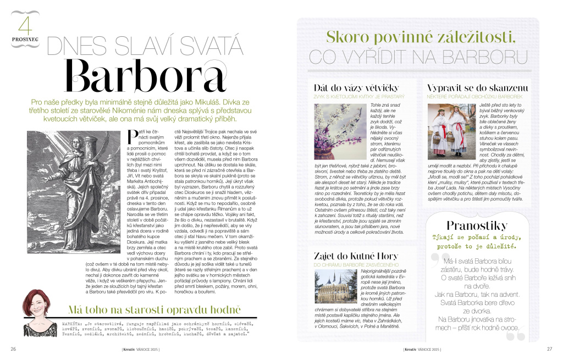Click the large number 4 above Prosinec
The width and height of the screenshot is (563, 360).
click(25, 26)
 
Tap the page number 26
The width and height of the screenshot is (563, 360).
click(13, 348)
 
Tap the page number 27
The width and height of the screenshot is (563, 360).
click(548, 348)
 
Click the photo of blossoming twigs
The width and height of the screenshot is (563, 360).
click(338, 131)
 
